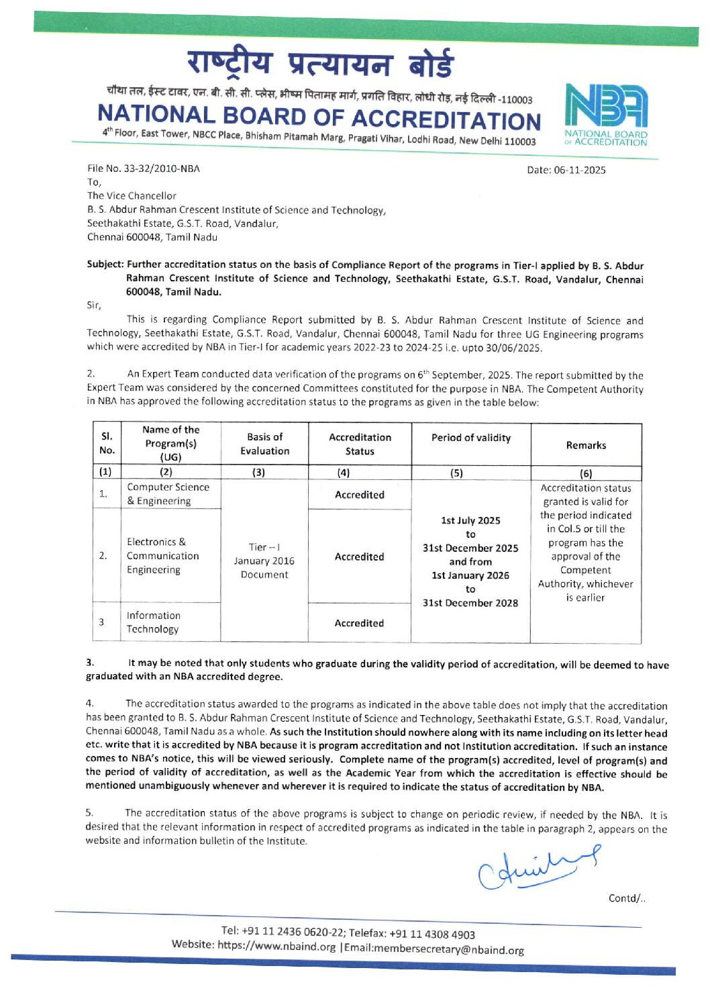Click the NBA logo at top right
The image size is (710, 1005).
(x=607, y=114)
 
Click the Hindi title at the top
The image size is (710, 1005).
(x=320, y=64)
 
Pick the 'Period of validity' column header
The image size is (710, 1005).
(x=470, y=438)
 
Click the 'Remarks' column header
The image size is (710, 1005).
(x=586, y=445)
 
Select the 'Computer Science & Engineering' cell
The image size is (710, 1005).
(x=168, y=494)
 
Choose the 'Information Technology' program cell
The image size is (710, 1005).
(x=154, y=622)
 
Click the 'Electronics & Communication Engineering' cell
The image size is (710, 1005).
(x=162, y=556)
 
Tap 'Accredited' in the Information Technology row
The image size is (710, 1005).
(x=359, y=623)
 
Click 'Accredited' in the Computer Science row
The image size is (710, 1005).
(x=359, y=495)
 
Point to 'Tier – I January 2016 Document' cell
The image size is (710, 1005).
(x=264, y=561)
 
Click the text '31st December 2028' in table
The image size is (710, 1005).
(x=470, y=603)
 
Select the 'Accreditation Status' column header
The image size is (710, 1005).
(x=359, y=444)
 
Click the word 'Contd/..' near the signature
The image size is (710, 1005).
(x=627, y=898)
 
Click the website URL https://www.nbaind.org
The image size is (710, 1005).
(x=276, y=946)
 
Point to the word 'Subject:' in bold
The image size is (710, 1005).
(x=105, y=265)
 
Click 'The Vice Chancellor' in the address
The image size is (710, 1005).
(x=132, y=196)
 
